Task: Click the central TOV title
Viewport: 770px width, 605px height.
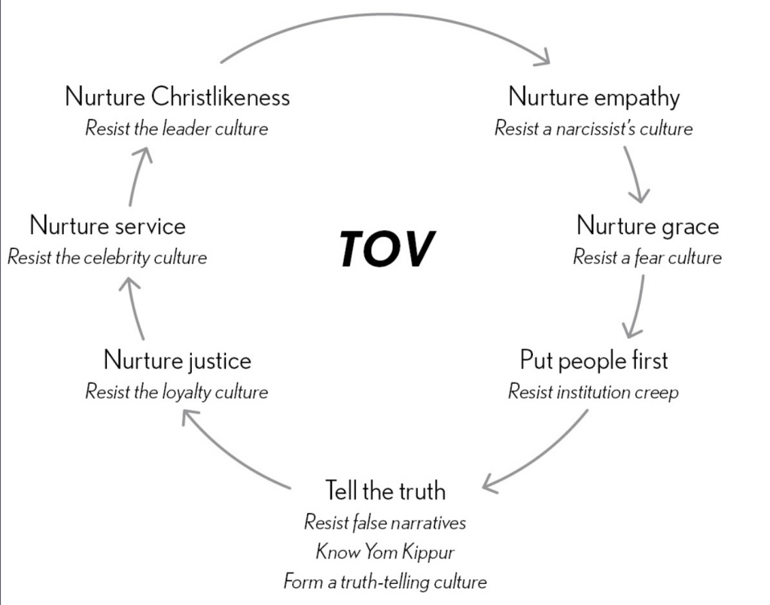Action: click(x=386, y=248)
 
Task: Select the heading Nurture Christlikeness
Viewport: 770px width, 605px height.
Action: click(x=177, y=97)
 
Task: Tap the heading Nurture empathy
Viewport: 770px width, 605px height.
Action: click(x=594, y=97)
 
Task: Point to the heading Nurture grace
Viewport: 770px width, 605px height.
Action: click(x=647, y=226)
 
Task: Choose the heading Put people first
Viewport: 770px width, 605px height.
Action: click(x=594, y=360)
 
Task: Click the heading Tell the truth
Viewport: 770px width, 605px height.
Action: click(x=385, y=491)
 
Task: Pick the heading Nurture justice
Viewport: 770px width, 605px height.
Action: click(x=177, y=360)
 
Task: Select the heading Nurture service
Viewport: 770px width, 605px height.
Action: click(x=108, y=226)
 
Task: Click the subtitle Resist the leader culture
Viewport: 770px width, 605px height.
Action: click(x=177, y=128)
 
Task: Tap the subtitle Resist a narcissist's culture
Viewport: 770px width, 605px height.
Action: click(x=594, y=128)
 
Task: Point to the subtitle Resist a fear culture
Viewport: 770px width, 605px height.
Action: click(x=647, y=257)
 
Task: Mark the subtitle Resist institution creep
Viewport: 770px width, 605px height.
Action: click(x=594, y=392)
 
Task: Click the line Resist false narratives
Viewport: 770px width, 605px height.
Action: click(x=385, y=521)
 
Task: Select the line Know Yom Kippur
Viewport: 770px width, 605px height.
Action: click(x=385, y=552)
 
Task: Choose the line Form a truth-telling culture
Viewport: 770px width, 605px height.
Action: click(x=385, y=582)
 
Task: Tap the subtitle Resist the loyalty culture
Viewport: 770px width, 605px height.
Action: click(x=177, y=392)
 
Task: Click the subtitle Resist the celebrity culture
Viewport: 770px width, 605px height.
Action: click(x=108, y=257)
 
